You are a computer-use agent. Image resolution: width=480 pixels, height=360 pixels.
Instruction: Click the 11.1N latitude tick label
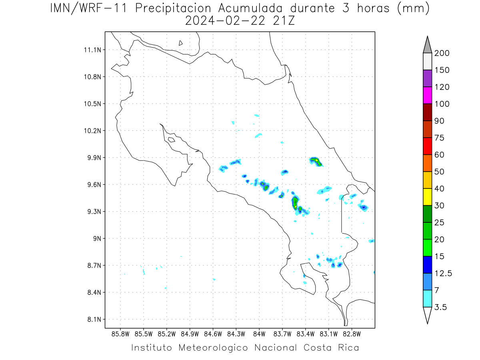92,50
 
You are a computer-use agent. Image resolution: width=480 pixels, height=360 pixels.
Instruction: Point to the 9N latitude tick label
97,238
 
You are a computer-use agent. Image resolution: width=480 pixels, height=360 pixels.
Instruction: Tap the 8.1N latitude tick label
94,319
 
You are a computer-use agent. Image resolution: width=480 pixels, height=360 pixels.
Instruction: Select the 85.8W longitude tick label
120,334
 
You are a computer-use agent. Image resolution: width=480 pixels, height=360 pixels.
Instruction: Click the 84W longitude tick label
259,334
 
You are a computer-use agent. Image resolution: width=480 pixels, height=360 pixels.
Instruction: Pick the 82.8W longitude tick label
352,334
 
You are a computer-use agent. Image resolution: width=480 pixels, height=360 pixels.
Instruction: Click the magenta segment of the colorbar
427,95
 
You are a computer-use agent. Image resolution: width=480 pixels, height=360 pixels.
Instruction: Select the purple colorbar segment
427,78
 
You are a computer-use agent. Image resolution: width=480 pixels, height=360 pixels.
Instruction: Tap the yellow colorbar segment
427,197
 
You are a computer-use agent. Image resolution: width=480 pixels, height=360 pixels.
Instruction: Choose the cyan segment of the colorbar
427,298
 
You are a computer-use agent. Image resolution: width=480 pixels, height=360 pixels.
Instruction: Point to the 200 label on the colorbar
442,53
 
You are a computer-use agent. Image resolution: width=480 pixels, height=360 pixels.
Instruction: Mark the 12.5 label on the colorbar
443,274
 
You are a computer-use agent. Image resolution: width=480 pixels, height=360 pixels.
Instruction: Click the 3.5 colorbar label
440,307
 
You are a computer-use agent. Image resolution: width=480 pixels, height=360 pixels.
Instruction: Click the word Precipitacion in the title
173,8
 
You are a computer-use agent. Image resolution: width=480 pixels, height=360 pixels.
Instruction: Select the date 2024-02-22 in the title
225,21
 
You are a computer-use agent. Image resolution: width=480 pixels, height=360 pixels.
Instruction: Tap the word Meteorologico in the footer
213,348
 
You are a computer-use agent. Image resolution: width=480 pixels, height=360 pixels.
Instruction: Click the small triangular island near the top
180,43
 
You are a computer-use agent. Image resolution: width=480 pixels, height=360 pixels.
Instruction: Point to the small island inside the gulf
172,140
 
